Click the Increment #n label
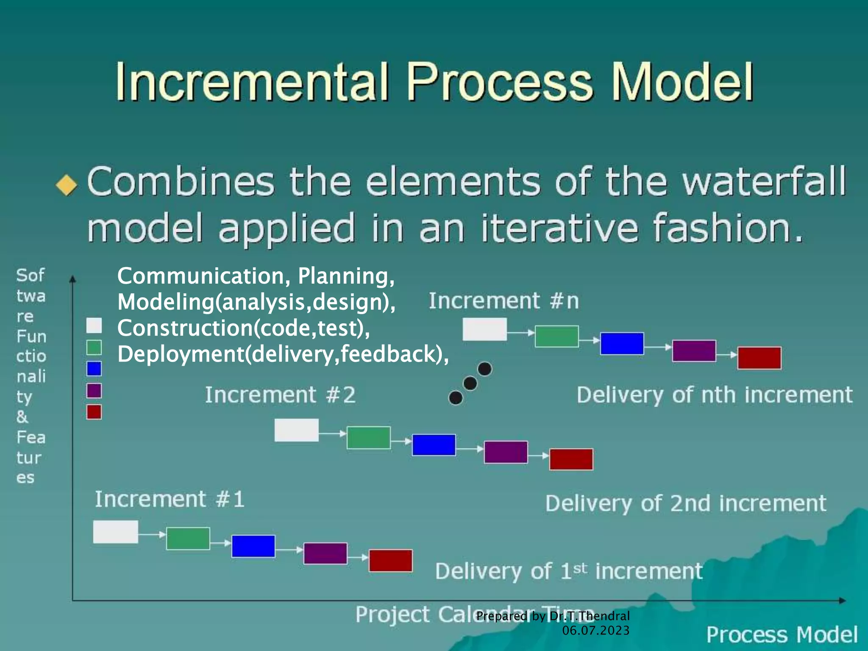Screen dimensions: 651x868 (504, 301)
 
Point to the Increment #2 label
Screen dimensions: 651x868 (280, 395)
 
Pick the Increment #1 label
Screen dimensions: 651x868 (170, 499)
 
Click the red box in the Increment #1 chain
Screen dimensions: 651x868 (390, 561)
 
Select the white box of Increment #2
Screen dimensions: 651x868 (296, 430)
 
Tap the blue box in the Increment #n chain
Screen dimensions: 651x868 (622, 343)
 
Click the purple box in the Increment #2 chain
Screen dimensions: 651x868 (506, 452)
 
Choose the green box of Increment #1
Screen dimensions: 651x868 (188, 538)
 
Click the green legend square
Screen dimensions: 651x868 (94, 347)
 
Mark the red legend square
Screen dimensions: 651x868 (94, 412)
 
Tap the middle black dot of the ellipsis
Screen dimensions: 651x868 (470, 384)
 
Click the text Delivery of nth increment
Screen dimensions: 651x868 (714, 395)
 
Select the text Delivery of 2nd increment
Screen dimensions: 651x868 (685, 504)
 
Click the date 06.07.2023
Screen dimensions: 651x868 (595, 630)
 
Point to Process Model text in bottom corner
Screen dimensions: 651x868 (782, 634)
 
